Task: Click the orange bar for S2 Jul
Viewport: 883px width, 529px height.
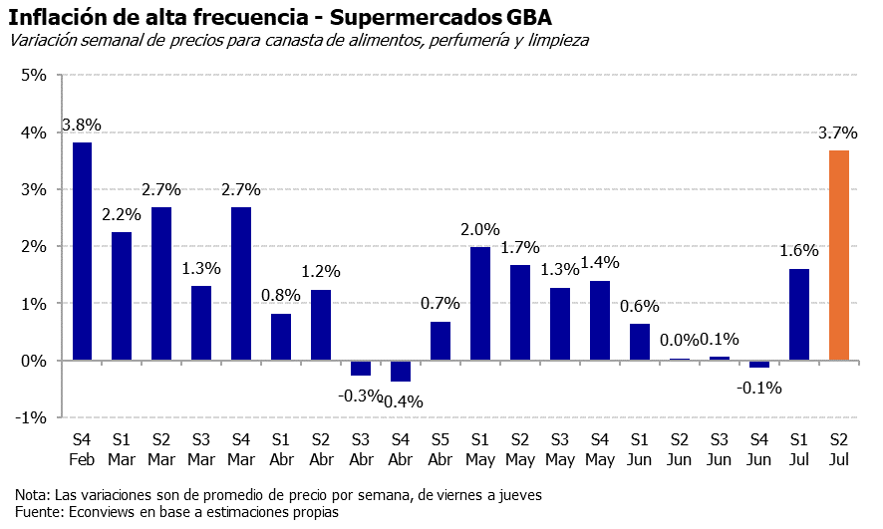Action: [839, 255]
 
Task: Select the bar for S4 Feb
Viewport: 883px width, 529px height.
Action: [82, 251]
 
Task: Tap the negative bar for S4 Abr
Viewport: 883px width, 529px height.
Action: [401, 371]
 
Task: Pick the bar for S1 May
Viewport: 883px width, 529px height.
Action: [480, 303]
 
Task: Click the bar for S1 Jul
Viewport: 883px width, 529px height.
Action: [799, 314]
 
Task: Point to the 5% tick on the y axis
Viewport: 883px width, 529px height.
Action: [34, 75]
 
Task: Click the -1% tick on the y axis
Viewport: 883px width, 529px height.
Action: [32, 417]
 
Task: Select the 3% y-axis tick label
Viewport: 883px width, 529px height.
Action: [34, 189]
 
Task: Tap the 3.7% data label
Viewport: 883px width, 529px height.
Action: [838, 132]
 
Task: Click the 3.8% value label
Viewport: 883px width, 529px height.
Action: [82, 126]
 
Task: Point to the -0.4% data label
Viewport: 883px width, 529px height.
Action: [402, 401]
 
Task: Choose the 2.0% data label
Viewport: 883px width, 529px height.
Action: [480, 230]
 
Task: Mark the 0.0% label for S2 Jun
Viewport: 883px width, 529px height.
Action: [680, 340]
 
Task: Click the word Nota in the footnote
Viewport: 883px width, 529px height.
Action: [31, 494]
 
